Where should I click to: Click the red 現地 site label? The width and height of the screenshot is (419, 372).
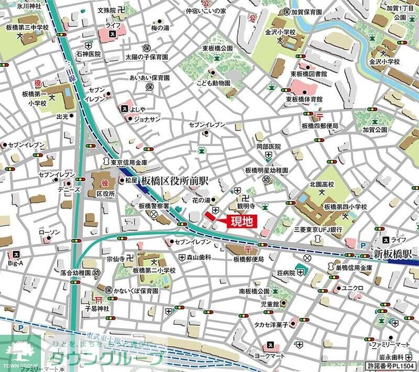coord(242,222)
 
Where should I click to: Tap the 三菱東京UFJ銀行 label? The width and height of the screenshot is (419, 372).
coord(318,229)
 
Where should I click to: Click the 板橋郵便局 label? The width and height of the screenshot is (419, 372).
coord(249,259)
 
